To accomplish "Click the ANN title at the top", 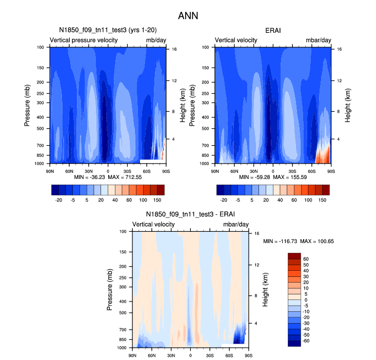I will pyautogui.click(x=188, y=16).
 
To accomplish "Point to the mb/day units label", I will pyautogui.click(x=155, y=40).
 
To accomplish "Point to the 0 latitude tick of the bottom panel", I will pyautogui.click(x=190, y=354).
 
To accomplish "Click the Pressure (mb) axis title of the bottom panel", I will pyautogui.click(x=110, y=290).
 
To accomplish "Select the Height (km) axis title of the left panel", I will pyautogui.click(x=183, y=105).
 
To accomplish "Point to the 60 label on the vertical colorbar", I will pyautogui.click(x=307, y=259).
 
